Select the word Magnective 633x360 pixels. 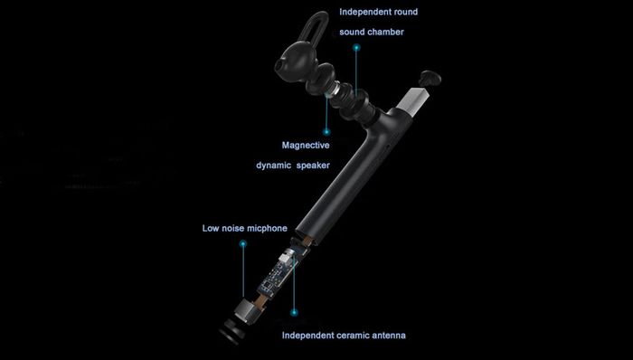pos(306,146)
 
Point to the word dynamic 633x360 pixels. pos(274,166)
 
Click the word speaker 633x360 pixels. pos(313,166)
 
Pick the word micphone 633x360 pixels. pos(267,229)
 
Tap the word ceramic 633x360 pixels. pos(356,336)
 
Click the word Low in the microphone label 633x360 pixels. pos(211,229)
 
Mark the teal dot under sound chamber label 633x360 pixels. pos(356,48)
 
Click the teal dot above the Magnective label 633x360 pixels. pos(326,131)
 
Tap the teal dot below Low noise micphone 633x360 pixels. pos(242,243)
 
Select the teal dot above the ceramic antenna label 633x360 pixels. pos(294,312)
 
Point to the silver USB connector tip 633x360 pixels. pos(411,97)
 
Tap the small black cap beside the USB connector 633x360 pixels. pos(430,78)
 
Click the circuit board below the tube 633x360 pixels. pos(279,274)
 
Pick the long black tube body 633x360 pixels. pos(347,177)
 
